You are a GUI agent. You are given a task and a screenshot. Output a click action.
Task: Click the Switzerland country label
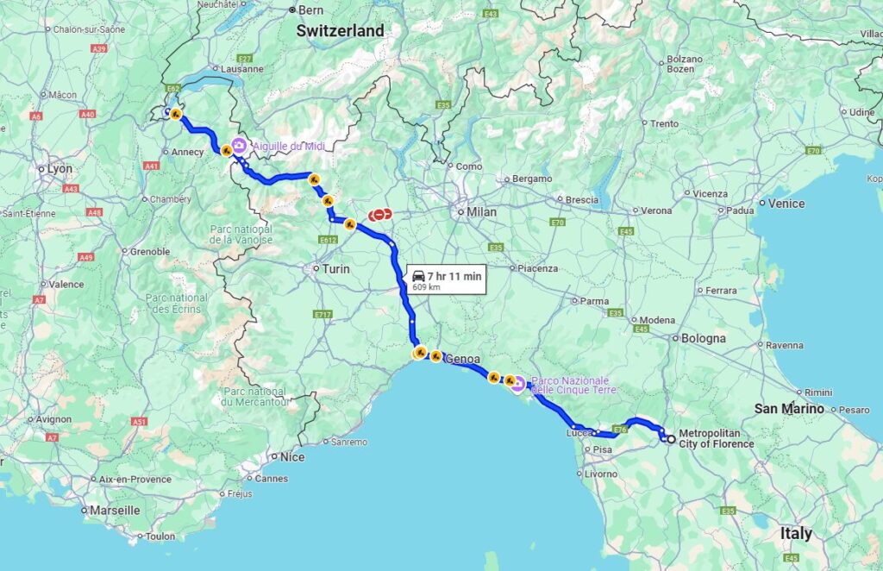pyautogui.click(x=340, y=30)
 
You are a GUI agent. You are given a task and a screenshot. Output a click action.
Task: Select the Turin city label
pyautogui.click(x=335, y=269)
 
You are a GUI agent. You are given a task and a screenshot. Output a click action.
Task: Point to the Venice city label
pyautogui.click(x=786, y=204)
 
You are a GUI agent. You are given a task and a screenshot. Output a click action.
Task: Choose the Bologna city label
pyautogui.click(x=703, y=338)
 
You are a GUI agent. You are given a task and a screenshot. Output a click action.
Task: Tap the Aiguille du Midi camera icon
pyautogui.click(x=237, y=147)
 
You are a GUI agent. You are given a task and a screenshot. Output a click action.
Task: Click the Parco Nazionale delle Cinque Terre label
pyautogui.click(x=570, y=386)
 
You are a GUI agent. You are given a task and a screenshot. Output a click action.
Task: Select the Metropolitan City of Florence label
pyautogui.click(x=716, y=438)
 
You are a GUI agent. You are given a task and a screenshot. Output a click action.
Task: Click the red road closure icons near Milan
pyautogui.click(x=379, y=215)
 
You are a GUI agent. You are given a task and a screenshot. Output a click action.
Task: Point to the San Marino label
pyautogui.click(x=789, y=408)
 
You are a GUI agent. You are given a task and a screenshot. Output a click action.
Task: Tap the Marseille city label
pyautogui.click(x=115, y=510)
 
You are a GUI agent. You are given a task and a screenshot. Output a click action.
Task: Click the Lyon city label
pyautogui.click(x=59, y=168)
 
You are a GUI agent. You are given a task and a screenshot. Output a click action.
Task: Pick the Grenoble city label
pyautogui.click(x=150, y=252)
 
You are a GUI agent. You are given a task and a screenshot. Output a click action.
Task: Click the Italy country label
pyautogui.click(x=796, y=533)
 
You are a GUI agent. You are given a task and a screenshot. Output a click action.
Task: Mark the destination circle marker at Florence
pyautogui.click(x=670, y=439)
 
